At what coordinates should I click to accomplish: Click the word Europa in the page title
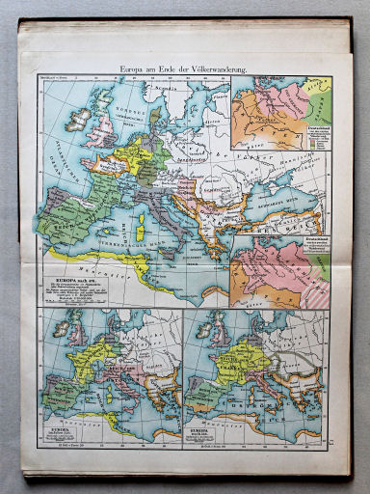click(134, 69)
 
